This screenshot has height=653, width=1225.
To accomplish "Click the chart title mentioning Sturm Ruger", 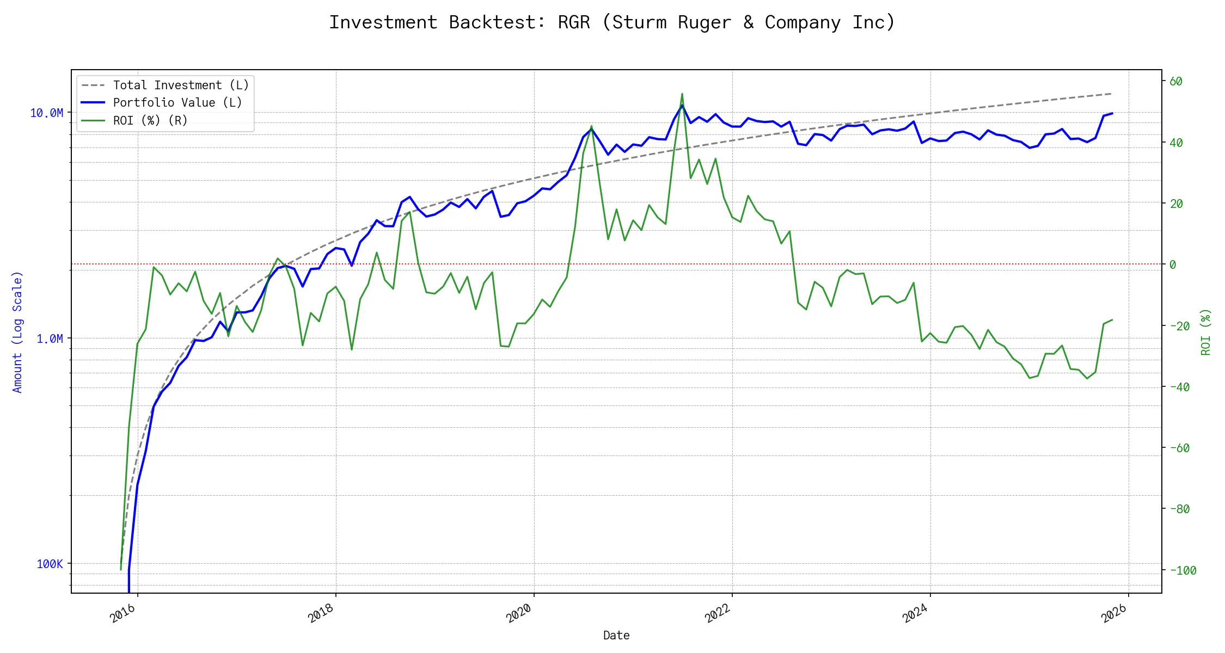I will [612, 22].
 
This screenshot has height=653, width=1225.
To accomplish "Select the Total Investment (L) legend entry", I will [180, 85].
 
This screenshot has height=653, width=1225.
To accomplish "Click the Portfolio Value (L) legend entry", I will [177, 103].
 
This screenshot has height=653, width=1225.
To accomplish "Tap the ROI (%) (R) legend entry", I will [150, 120].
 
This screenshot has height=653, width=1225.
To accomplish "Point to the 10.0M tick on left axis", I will [46, 113].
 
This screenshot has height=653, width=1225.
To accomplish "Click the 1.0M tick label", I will [50, 338].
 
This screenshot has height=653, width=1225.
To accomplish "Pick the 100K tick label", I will [50, 564].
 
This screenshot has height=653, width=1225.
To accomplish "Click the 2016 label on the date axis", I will [123, 614].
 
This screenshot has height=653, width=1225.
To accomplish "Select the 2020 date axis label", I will [519, 614].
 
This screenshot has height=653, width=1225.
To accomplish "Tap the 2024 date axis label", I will [915, 614].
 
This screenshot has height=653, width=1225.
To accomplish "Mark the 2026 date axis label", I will [1114, 614].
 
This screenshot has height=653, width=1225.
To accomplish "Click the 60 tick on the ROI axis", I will [1176, 82].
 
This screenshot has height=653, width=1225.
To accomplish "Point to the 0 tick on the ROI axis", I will [1173, 265].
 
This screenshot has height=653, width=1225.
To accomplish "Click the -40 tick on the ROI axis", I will [1179, 387].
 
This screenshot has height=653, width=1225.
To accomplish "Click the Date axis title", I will [616, 636].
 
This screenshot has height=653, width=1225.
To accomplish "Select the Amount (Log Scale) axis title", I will [17, 332].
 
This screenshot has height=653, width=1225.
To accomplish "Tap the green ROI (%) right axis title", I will [1205, 332].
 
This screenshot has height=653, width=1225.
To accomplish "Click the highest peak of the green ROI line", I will [682, 94].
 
